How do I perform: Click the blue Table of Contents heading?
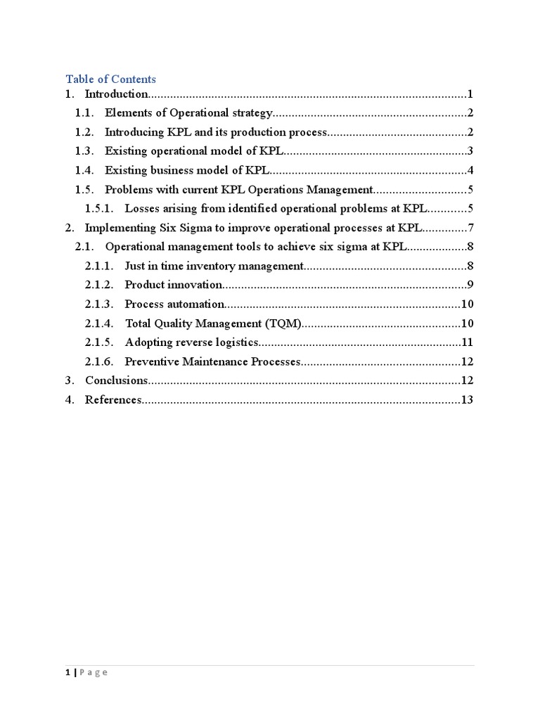[111, 79]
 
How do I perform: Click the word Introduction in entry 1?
[116, 94]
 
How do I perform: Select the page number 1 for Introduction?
[469, 94]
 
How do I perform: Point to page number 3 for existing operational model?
[470, 151]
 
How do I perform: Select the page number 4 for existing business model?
[470, 170]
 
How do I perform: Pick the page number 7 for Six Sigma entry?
[470, 228]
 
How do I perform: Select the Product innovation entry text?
[174, 285]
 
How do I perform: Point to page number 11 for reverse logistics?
[467, 342]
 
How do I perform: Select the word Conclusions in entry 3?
[116, 380]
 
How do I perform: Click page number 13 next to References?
[467, 400]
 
